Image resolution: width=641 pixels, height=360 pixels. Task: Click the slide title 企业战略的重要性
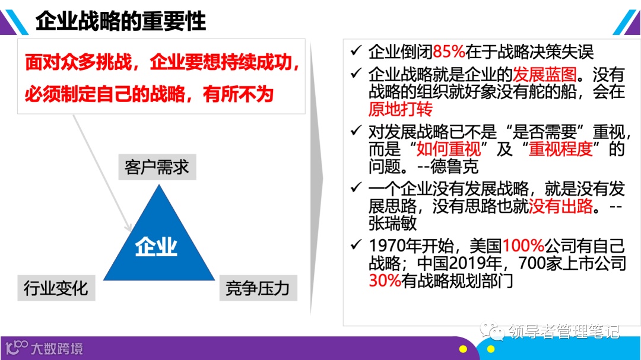[120, 21]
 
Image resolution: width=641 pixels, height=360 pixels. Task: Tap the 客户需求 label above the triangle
[157, 167]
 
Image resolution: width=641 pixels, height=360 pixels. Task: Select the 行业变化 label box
[56, 288]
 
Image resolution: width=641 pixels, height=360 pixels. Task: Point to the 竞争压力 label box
[258, 288]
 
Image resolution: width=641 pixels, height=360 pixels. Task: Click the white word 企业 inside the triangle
[156, 246]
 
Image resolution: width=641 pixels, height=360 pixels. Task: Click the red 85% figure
[449, 52]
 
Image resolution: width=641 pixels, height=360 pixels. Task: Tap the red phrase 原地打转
[401, 109]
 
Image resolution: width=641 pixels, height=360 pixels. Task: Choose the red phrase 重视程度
[561, 148]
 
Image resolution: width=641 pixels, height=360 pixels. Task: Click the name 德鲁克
[456, 166]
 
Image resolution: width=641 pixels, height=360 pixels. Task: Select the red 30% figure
[385, 280]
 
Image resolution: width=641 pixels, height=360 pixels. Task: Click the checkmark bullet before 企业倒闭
[356, 51]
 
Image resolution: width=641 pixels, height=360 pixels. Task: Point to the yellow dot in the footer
[490, 349]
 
